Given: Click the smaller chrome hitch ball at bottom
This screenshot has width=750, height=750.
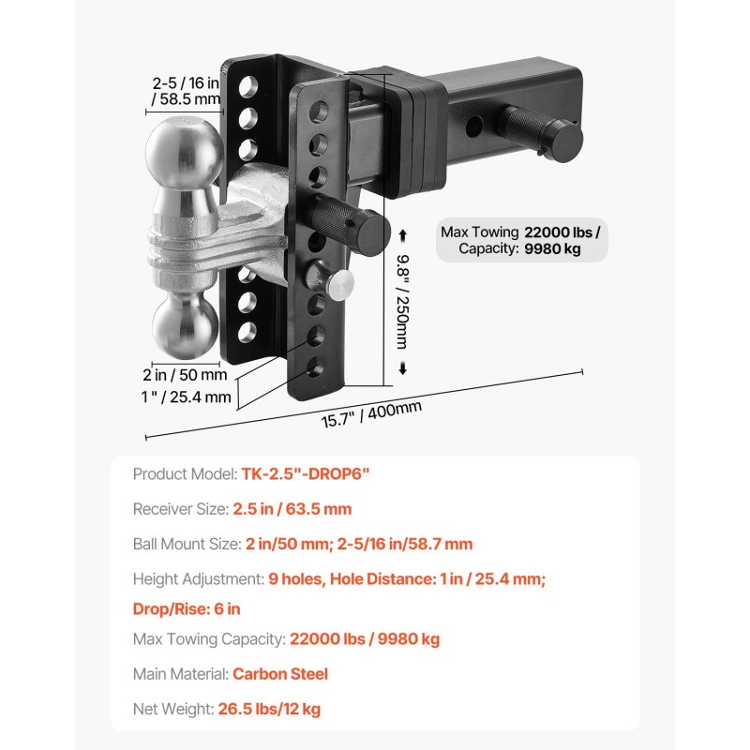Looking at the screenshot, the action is tap(185, 325).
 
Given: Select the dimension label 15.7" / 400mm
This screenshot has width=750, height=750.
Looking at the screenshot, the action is tap(371, 414).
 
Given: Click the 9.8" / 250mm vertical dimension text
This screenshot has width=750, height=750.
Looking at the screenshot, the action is tap(403, 301).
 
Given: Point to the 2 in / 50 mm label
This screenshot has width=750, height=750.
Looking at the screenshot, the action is tap(185, 375).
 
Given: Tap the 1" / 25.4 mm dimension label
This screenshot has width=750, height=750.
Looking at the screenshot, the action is tap(186, 397).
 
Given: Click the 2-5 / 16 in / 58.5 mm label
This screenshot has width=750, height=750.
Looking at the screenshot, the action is tap(186, 91).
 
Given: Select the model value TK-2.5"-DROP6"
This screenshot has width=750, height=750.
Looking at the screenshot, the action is tap(306, 474).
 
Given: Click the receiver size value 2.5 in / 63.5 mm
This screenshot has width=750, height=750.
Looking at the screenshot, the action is tap(292, 509).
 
